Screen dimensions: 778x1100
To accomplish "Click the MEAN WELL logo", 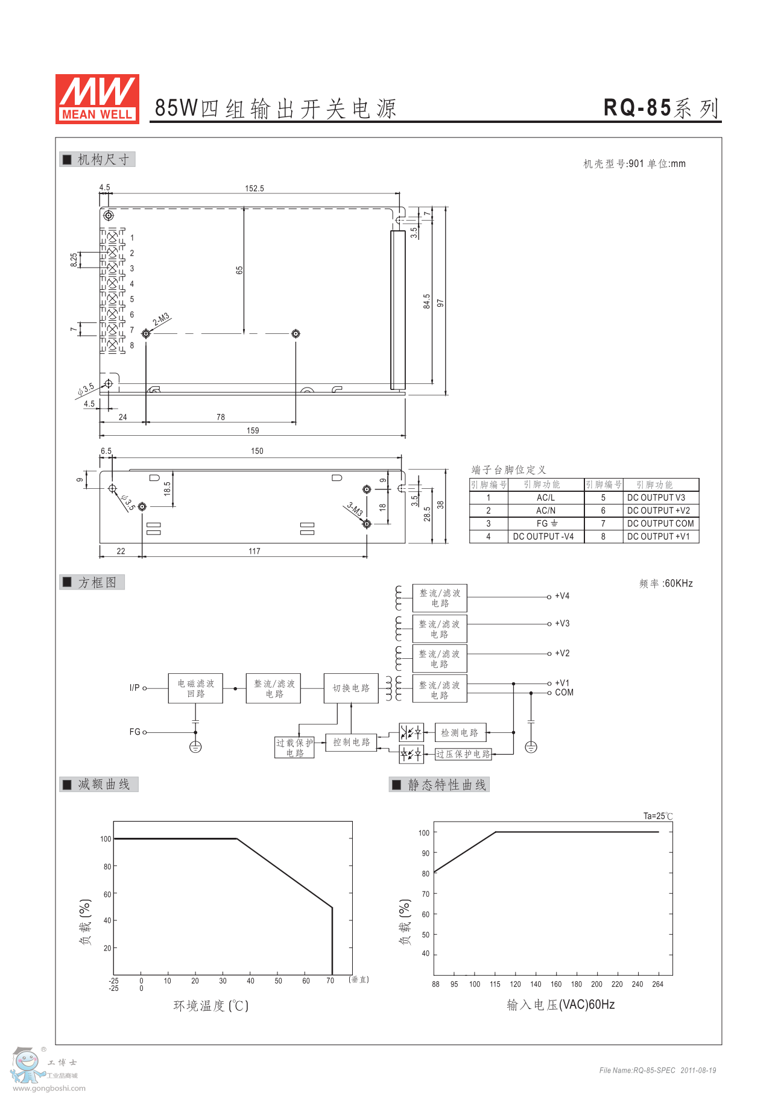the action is [x=97, y=99].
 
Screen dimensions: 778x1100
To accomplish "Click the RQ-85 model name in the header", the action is [x=637, y=108].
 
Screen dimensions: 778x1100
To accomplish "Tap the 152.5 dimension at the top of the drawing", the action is [x=255, y=189].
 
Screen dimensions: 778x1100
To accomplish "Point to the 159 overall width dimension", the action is [x=253, y=430].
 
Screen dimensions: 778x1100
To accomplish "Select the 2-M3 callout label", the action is [x=161, y=319].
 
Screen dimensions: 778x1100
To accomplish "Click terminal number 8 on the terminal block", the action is [x=132, y=345].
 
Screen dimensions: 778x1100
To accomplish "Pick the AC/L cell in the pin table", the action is [x=546, y=498].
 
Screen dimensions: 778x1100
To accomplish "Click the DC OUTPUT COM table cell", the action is [x=660, y=524].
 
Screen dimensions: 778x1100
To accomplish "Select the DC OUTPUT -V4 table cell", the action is [x=543, y=536].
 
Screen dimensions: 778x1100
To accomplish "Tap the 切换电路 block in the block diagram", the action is [x=351, y=688].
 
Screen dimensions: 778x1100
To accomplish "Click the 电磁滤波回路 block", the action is [x=195, y=688].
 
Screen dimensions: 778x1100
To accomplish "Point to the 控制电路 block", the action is [x=351, y=742].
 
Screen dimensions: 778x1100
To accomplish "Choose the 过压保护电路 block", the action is [x=463, y=754].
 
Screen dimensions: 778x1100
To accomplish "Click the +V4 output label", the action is [x=562, y=596].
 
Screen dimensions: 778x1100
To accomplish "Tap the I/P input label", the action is [x=134, y=688].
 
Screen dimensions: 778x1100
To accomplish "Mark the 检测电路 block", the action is [x=460, y=733].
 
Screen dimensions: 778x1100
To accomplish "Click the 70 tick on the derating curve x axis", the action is [x=330, y=981].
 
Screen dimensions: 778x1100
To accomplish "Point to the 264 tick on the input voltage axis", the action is [x=657, y=984].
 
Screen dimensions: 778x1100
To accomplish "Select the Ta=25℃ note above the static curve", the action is [x=658, y=816].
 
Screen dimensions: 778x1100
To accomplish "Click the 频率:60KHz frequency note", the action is [x=666, y=583].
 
